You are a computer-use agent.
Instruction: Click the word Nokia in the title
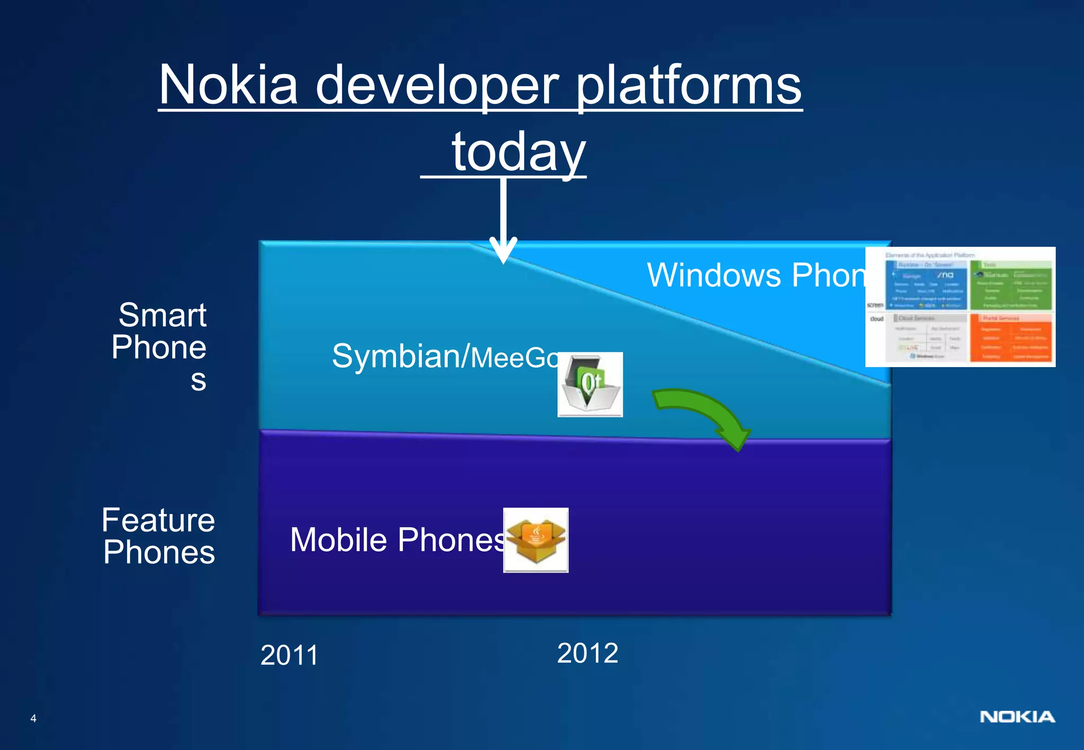coord(228,86)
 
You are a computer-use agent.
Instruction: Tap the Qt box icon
coord(590,385)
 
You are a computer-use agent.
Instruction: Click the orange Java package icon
coord(536,540)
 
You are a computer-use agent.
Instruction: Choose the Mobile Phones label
coord(397,540)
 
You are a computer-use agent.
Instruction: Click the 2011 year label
coord(289,655)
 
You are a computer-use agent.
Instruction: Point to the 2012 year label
coord(588,653)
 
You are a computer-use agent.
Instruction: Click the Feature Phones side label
coord(158,536)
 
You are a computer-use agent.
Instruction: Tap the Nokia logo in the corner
coord(1017,717)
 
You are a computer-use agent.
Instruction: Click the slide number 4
coord(33,718)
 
